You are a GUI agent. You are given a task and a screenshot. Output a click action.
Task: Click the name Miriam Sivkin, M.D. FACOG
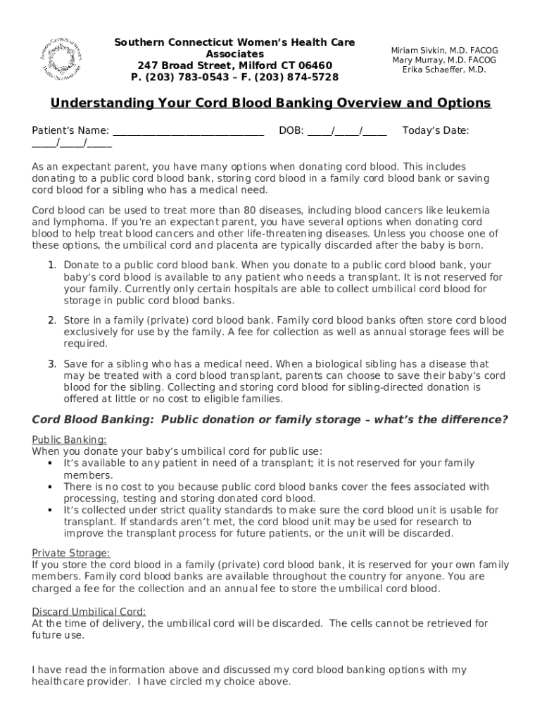pos(444,51)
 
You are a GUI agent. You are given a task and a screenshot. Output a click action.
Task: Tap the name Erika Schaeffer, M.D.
pos(444,70)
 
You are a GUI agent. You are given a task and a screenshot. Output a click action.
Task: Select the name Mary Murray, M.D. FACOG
pos(444,60)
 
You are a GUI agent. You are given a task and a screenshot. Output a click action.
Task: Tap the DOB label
pos(291,130)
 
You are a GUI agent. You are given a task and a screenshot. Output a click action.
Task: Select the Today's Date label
pos(436,130)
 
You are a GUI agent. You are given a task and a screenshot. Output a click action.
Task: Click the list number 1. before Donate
pos(52,265)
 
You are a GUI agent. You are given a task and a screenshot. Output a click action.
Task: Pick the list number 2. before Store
pos(52,320)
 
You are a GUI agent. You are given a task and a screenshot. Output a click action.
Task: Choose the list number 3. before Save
pos(52,364)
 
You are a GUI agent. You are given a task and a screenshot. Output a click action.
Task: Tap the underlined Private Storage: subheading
pos(71,553)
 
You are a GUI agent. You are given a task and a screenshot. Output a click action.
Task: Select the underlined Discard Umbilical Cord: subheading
pos(89,611)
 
